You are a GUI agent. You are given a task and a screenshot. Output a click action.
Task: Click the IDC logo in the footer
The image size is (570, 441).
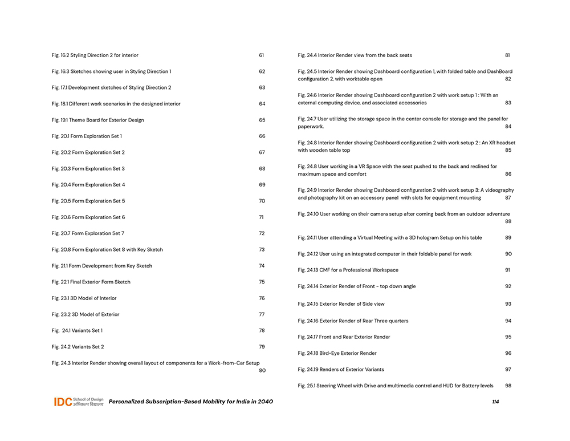[79, 402]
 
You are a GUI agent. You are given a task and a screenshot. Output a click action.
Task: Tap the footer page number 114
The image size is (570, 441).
[495, 402]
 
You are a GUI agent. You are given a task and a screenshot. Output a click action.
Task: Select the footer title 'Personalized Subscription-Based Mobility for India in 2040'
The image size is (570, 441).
[191, 402]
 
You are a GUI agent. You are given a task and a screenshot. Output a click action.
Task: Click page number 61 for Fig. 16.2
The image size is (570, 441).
[261, 55]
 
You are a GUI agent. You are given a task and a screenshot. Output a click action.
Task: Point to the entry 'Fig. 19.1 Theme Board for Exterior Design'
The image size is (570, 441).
[97, 120]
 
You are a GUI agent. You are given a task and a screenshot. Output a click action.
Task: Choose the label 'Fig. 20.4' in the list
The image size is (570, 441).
[60, 185]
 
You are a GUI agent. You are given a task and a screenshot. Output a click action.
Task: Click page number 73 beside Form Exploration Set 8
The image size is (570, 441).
[262, 250]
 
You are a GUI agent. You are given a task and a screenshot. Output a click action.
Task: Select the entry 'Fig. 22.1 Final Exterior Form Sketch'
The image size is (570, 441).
[91, 282]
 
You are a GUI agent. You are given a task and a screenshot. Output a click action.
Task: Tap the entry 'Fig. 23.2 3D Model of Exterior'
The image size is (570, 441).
[85, 314]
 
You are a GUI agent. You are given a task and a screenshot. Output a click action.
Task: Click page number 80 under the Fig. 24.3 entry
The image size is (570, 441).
[262, 370]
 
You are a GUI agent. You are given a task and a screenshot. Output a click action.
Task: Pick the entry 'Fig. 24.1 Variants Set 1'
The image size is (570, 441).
[77, 331]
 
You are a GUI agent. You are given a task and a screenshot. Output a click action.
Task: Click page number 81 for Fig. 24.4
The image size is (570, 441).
[507, 55]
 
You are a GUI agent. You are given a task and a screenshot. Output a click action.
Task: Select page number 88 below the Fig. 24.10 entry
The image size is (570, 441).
[508, 221]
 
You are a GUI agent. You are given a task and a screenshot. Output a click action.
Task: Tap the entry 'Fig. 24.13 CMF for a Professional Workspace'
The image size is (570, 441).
[348, 270]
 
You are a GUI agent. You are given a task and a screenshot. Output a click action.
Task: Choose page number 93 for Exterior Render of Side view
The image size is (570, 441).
[508, 304]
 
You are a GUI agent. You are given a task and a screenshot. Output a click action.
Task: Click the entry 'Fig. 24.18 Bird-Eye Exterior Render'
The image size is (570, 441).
[337, 353]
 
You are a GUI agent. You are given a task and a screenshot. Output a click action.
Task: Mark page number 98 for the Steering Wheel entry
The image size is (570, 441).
[508, 386]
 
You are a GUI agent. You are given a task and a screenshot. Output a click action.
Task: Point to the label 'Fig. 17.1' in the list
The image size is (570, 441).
[60, 88]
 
